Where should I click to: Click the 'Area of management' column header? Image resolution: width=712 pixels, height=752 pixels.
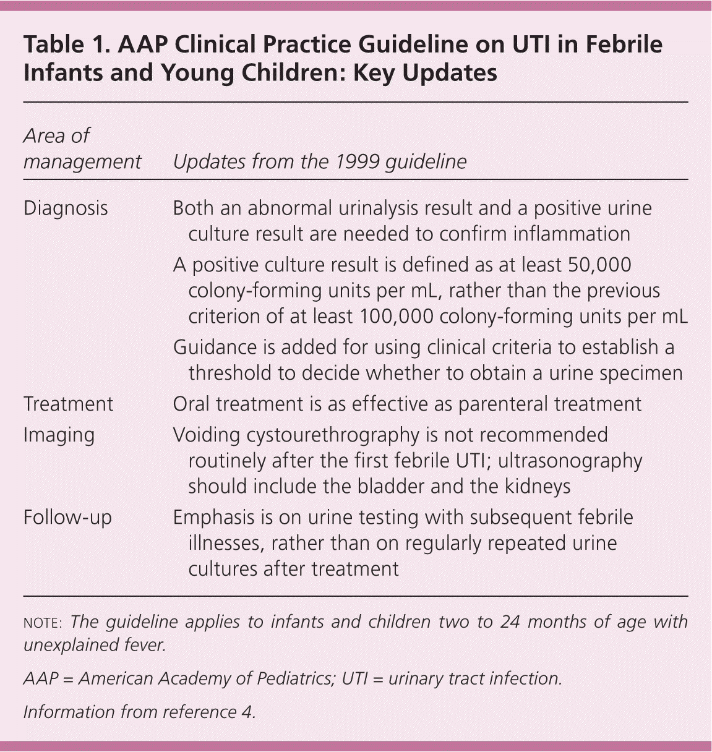[x=82, y=148]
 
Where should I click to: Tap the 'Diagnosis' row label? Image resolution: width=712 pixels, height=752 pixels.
[x=66, y=208]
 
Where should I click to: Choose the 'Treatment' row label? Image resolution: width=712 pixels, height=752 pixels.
[x=68, y=404]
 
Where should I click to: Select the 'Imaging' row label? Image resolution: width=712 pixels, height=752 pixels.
[x=59, y=435]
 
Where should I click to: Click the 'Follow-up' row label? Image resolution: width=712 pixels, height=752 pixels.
[x=67, y=517]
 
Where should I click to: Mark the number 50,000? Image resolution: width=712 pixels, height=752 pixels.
[x=598, y=265]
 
